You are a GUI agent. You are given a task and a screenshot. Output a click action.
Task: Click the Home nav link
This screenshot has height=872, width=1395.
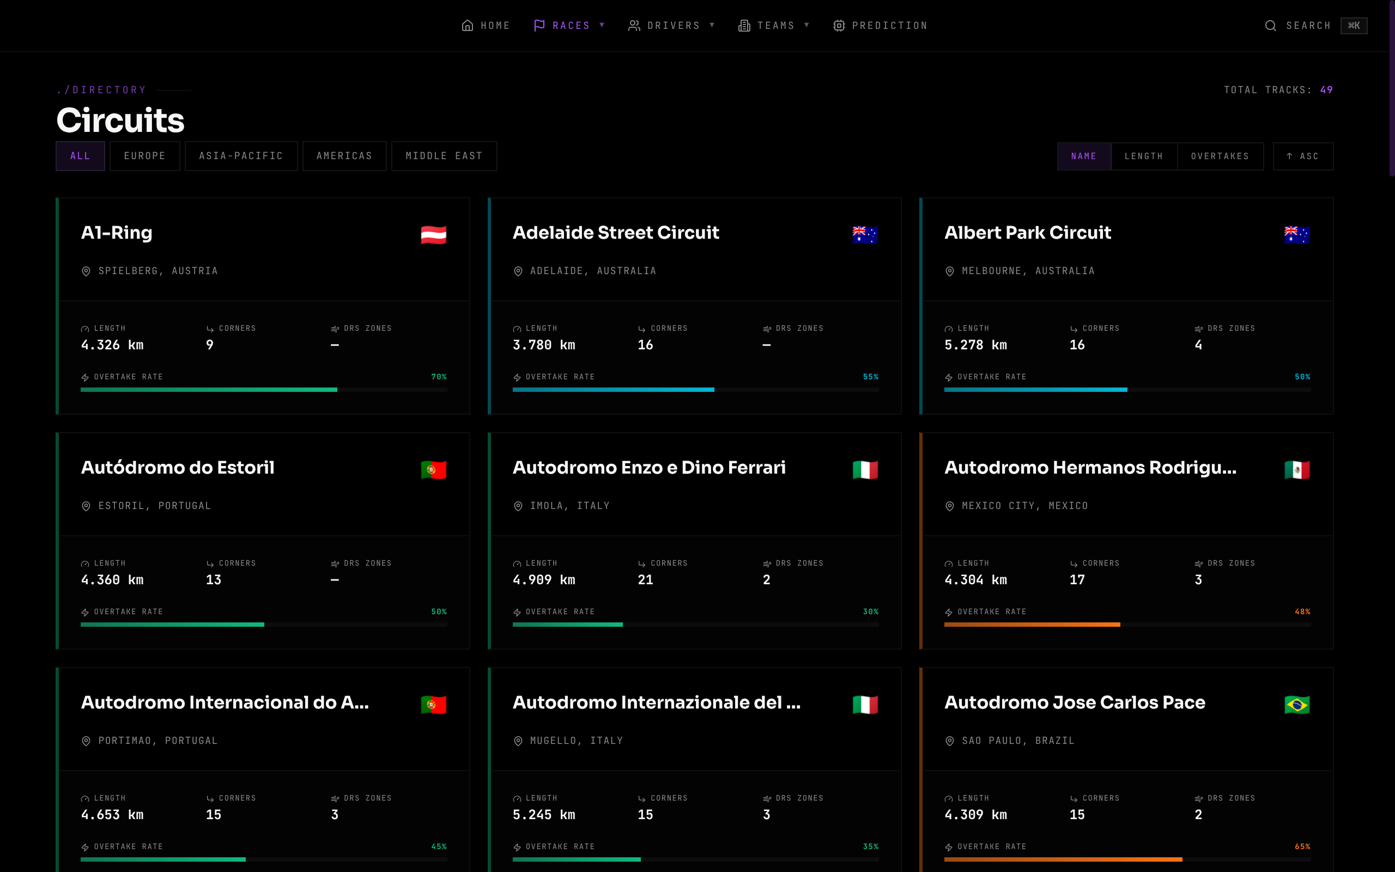[486, 26]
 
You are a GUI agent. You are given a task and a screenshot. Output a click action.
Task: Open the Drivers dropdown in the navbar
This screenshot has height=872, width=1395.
[671, 26]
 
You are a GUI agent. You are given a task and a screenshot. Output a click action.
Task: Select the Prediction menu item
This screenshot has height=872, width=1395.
[880, 26]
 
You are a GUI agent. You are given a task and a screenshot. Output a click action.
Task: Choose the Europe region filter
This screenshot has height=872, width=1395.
[145, 156]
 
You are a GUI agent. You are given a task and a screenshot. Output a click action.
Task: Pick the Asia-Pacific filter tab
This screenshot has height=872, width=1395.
[241, 156]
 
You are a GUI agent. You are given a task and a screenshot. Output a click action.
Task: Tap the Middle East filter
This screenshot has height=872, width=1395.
[444, 156]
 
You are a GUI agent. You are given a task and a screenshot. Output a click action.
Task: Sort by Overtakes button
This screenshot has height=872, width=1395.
[1220, 156]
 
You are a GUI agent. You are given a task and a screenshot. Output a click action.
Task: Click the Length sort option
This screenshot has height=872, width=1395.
[1144, 156]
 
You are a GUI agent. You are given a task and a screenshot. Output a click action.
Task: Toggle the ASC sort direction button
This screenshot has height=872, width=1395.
[1303, 156]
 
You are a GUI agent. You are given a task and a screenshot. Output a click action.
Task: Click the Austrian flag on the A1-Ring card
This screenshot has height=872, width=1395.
[434, 235]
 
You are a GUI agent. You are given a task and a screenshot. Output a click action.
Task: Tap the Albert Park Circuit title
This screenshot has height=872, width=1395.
[1027, 232]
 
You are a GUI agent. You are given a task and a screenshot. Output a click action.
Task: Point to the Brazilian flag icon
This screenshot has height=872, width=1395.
[1297, 705]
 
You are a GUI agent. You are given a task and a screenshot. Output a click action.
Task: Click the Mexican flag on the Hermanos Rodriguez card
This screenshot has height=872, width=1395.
[1297, 470]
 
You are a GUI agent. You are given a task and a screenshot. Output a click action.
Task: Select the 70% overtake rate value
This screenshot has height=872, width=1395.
[439, 377]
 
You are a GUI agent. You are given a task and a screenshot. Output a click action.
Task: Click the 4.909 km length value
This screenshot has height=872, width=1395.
[544, 579]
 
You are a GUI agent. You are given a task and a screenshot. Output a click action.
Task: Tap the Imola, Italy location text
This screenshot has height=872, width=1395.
[569, 506]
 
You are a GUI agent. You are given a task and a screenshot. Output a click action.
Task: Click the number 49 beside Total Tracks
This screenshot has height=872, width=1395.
[1326, 90]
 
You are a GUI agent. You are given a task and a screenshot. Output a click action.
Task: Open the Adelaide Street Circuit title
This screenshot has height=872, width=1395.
[616, 232]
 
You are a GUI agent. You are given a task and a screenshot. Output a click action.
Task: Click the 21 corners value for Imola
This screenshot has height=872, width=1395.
[645, 579]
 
